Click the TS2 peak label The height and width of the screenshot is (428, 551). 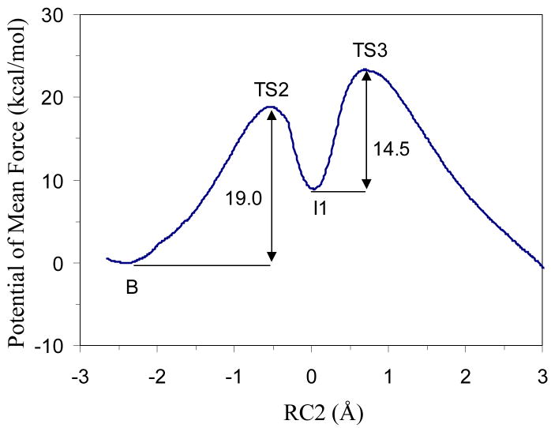(271, 90)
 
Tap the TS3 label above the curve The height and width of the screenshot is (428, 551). (369, 52)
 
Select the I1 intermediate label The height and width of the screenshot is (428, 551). (320, 208)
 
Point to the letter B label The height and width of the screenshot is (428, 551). (133, 287)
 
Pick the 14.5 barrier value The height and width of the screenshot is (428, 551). (389, 148)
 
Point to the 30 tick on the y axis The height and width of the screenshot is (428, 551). (59, 15)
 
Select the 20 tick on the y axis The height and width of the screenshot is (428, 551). (59, 98)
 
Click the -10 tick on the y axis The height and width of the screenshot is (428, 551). (55, 346)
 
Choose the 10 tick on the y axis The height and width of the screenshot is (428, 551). (59, 181)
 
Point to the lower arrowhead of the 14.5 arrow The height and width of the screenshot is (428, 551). (365, 184)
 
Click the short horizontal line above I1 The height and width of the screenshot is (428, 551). (339, 191)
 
